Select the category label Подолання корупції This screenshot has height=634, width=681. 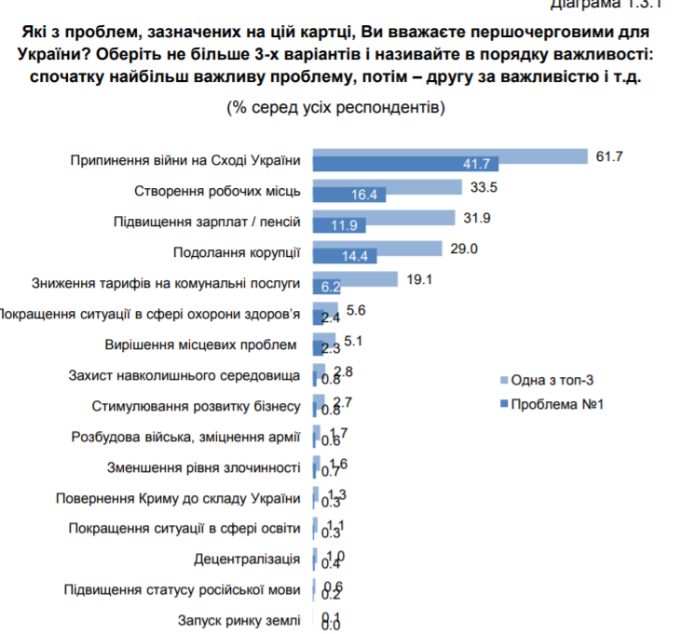coord(238,252)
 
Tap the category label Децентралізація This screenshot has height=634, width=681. coord(248,559)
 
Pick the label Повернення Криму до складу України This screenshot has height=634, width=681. coord(179,497)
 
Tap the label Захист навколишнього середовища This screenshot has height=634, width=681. coord(184,375)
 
